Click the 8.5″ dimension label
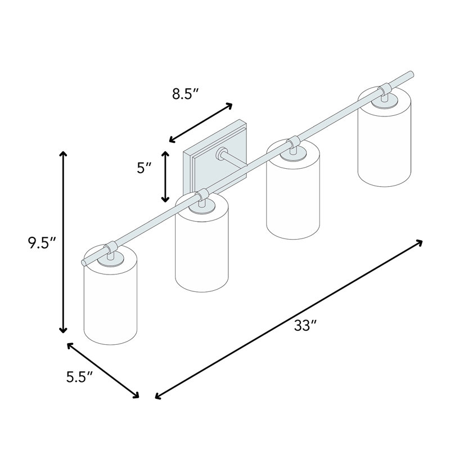click(x=186, y=94)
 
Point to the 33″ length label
click(x=306, y=326)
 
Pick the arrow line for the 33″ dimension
click(x=289, y=319)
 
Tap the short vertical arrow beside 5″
click(x=165, y=176)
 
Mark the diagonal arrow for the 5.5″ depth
click(x=103, y=370)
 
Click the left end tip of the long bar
click(x=84, y=262)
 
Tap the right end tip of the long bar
click(x=412, y=73)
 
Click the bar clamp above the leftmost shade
click(x=111, y=246)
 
